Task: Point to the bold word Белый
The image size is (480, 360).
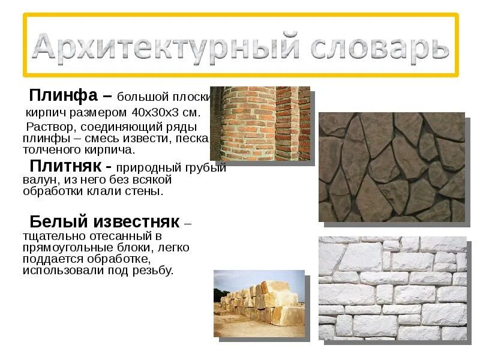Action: point(57,221)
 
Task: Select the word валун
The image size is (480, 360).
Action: point(37,179)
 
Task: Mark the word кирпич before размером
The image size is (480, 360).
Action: point(44,112)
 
